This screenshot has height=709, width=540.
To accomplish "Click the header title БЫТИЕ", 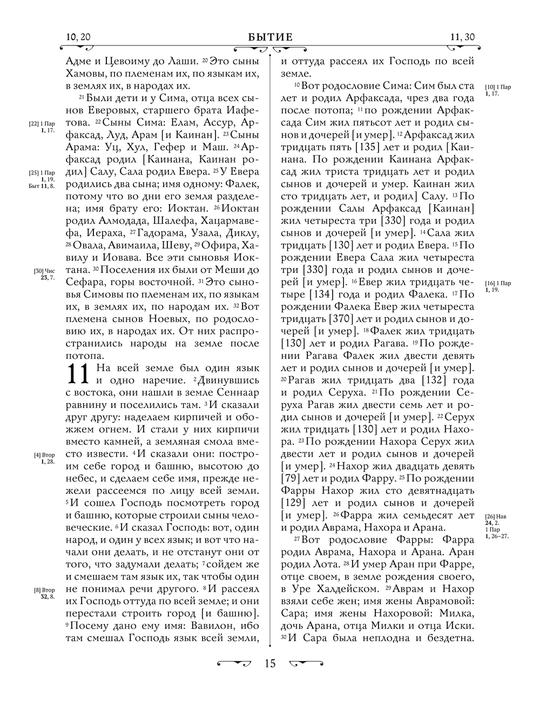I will tap(270, 37).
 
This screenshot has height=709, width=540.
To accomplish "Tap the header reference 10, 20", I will tap(77, 37).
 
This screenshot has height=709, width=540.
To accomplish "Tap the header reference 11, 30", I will tap(462, 37).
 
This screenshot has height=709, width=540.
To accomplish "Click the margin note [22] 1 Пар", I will tap(42, 124).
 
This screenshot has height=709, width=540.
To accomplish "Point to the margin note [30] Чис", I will tap(43, 271).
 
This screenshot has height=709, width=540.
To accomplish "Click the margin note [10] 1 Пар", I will tap(498, 87).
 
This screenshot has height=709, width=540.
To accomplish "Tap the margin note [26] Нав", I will tap(497, 516).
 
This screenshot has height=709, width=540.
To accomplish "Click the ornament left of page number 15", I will tap(234, 663).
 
